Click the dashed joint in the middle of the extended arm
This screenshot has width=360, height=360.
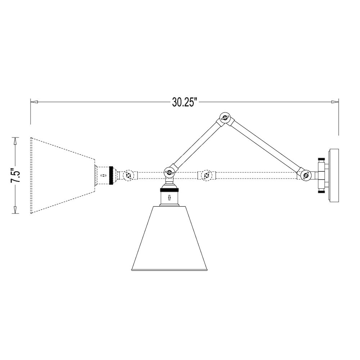(x=206, y=176)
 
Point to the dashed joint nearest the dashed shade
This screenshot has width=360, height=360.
(x=129, y=176)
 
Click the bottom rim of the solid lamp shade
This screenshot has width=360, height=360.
(x=170, y=270)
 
